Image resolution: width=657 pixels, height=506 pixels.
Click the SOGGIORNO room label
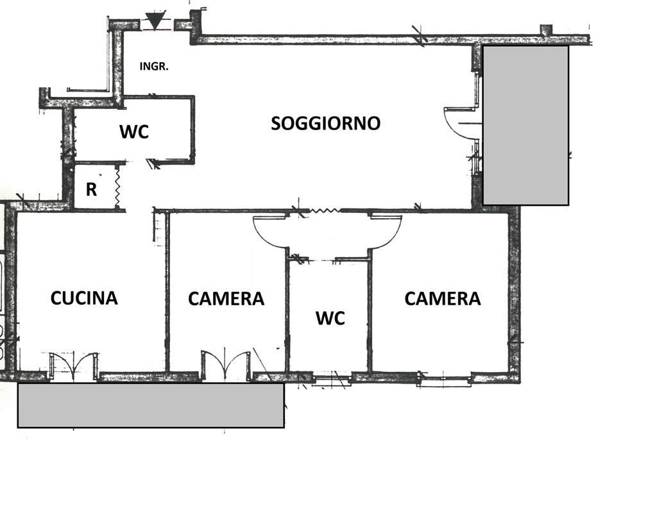(x=325, y=123)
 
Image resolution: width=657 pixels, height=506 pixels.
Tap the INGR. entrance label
(x=154, y=66)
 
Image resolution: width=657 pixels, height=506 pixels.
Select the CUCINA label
(x=84, y=298)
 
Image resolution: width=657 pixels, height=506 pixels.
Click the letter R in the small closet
(x=91, y=189)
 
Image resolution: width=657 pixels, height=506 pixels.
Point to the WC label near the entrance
(x=134, y=131)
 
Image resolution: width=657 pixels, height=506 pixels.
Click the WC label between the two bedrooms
(x=330, y=318)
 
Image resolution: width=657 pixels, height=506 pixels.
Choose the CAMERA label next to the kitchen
(x=226, y=299)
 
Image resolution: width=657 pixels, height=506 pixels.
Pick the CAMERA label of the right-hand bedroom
(x=443, y=298)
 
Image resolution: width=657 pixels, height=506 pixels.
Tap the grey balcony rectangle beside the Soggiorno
(x=526, y=125)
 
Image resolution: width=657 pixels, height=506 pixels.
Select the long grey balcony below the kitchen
(x=151, y=405)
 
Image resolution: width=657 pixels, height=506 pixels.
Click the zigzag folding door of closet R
(x=117, y=187)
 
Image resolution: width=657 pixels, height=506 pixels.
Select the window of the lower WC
(x=332, y=379)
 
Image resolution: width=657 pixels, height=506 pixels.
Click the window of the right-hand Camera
(x=445, y=380)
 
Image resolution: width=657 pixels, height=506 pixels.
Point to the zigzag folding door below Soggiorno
(x=323, y=211)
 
